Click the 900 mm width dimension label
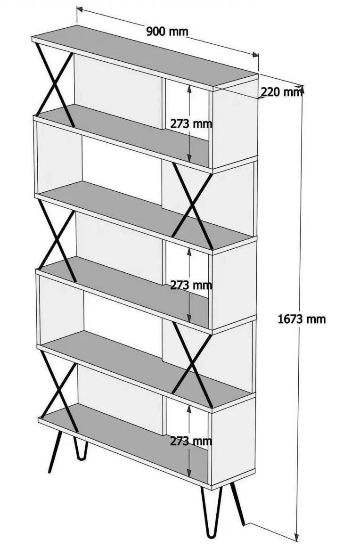pyautogui.click(x=167, y=32)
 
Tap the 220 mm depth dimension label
pyautogui.click(x=281, y=92)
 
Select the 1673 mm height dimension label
pyautogui.click(x=301, y=319)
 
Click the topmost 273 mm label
pyautogui.click(x=191, y=124)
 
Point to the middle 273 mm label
pyautogui.click(x=191, y=285)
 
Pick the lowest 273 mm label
pyautogui.click(x=191, y=441)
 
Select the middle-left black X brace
pyautogui.click(x=57, y=241)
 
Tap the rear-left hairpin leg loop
pyautogui.click(x=81, y=449)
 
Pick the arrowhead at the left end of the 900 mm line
pyautogui.click(x=80, y=9)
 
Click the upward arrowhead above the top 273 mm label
pyautogui.click(x=189, y=90)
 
